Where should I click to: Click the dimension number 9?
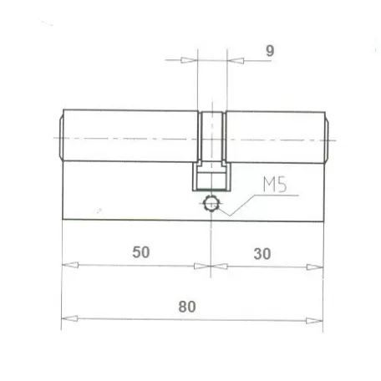pyautogui.click(x=270, y=51)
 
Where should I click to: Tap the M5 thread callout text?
pyautogui.click(x=275, y=184)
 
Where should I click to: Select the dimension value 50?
pyautogui.click(x=141, y=252)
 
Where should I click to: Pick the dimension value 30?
pyautogui.click(x=262, y=254)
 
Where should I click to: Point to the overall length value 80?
pyautogui.click(x=187, y=307)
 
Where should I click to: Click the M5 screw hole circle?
pyautogui.click(x=211, y=204)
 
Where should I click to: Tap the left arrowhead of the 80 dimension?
pyautogui.click(x=69, y=318)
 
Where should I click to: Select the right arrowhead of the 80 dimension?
pyautogui.click(x=314, y=321)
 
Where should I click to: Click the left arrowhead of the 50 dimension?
pyautogui.click(x=70, y=265)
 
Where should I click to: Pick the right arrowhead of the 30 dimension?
pyautogui.click(x=315, y=267)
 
